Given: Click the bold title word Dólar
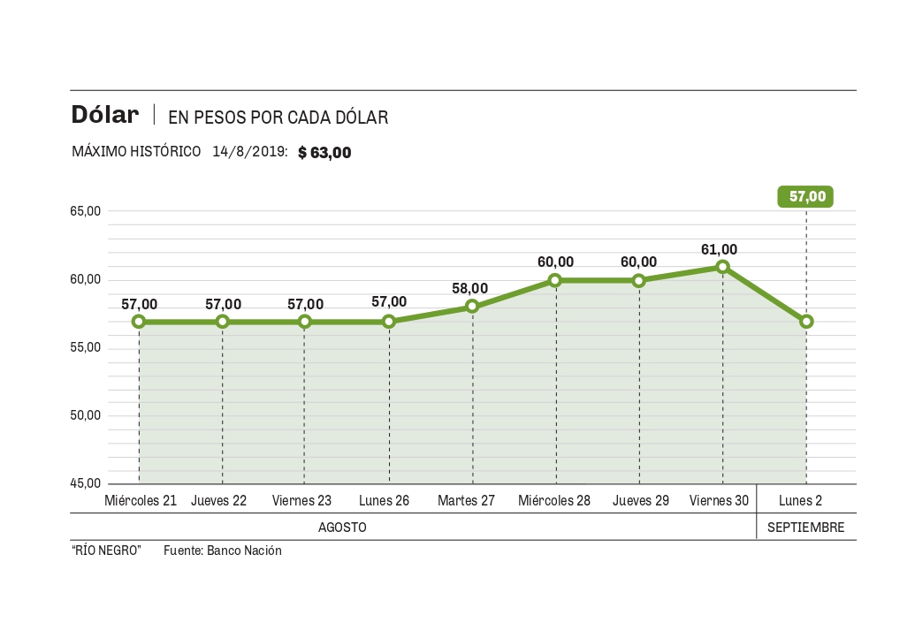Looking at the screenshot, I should (105, 116).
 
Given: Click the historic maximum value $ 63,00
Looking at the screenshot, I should (324, 153).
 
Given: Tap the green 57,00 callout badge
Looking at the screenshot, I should (806, 197).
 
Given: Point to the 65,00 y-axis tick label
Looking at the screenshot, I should (87, 211).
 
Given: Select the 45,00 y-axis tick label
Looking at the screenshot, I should (87, 483).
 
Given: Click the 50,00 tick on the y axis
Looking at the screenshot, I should (87, 415).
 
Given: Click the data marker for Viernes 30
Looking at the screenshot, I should (723, 267).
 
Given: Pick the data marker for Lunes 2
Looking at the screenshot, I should (806, 322).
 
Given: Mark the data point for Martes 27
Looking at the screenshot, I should (472, 307).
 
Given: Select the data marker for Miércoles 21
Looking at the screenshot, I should (139, 322).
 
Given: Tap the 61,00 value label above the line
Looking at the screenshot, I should (719, 250).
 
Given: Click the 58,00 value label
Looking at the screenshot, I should (469, 288).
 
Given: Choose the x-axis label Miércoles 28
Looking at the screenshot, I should (554, 501).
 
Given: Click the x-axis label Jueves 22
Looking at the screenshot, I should (219, 501).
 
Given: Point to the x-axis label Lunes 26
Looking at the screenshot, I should (384, 501).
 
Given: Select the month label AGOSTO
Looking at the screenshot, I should (342, 528).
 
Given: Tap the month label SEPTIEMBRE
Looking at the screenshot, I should (805, 528).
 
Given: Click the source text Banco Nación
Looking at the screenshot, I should (244, 551).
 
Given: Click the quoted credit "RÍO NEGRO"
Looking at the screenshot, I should (106, 551).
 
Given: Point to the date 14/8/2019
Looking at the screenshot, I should (249, 152).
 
